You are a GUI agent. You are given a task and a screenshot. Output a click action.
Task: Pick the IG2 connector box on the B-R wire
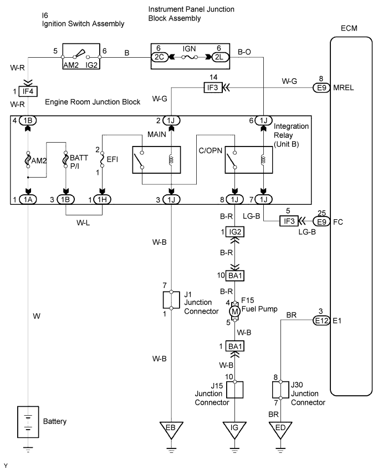coord(235,231)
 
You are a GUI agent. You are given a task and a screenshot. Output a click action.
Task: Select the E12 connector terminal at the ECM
coord(321,320)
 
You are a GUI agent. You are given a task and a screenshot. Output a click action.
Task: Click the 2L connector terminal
coord(218,56)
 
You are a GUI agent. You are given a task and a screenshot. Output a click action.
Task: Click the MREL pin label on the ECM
coord(343,87)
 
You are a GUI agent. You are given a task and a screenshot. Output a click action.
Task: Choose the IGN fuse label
coord(190,48)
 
